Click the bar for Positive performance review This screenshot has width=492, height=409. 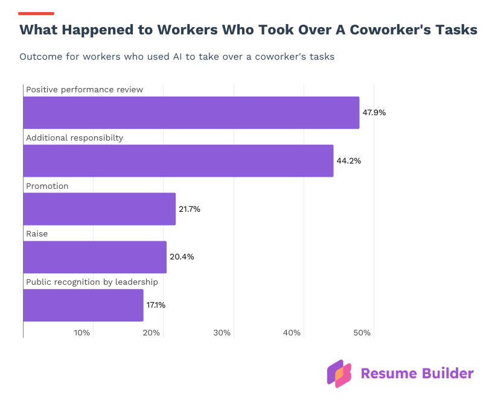[191, 113]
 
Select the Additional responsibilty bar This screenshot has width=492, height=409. [178, 161]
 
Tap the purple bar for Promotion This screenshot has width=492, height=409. [100, 209]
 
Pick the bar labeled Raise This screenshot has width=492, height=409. [95, 257]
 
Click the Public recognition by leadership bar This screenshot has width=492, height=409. [83, 305]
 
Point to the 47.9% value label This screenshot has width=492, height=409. [374, 113]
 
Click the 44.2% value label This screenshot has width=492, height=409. [348, 161]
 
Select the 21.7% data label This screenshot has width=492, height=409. [189, 209]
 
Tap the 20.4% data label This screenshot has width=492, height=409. [181, 257]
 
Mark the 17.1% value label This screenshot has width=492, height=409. [156, 305]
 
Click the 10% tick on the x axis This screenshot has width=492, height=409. [82, 333]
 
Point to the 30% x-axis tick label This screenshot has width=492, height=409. [222, 333]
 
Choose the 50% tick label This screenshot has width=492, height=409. [362, 333]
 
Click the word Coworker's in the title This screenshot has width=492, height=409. [386, 30]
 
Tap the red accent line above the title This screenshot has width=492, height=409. [36, 13]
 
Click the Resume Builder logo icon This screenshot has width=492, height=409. [339, 373]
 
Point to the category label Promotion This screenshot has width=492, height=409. [47, 186]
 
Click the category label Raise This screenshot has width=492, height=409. [37, 234]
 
